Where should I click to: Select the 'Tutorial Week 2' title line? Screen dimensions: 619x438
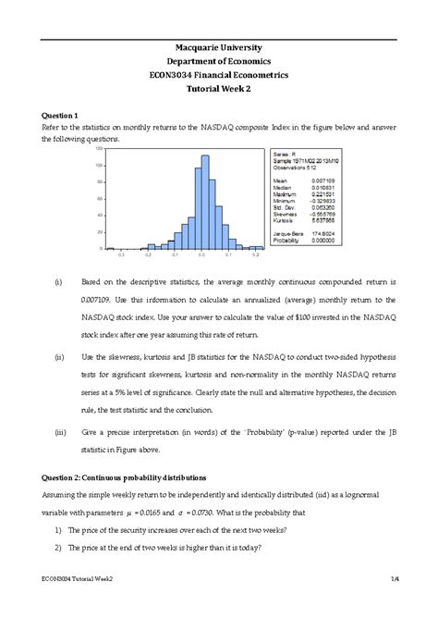tap(219, 91)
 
